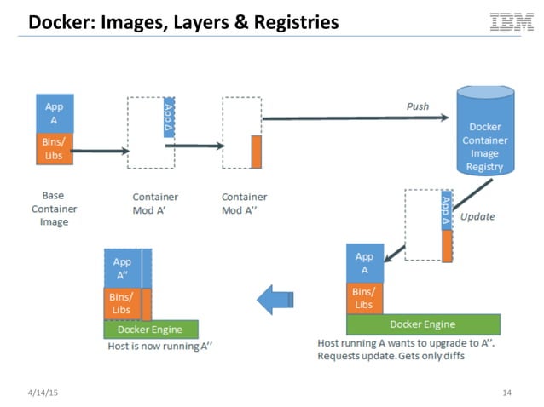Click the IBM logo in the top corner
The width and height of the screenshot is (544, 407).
[x=511, y=21]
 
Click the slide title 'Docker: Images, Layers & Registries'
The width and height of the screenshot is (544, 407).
[x=183, y=22]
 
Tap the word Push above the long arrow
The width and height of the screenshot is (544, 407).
[x=417, y=106]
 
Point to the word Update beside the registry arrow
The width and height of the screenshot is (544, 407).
[x=477, y=216]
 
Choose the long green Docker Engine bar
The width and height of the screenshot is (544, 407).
[x=422, y=324]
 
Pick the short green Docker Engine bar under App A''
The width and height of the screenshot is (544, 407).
[x=150, y=330]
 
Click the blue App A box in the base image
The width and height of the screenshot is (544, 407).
[x=54, y=113]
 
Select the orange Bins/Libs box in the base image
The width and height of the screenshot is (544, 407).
[x=54, y=148]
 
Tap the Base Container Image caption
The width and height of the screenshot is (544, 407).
[x=54, y=209]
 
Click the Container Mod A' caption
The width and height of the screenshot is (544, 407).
[x=154, y=203]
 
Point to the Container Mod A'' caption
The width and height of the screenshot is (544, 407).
[x=244, y=203]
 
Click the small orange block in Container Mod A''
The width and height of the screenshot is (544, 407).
[x=256, y=152]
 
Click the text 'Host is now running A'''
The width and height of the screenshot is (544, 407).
[x=159, y=347]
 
